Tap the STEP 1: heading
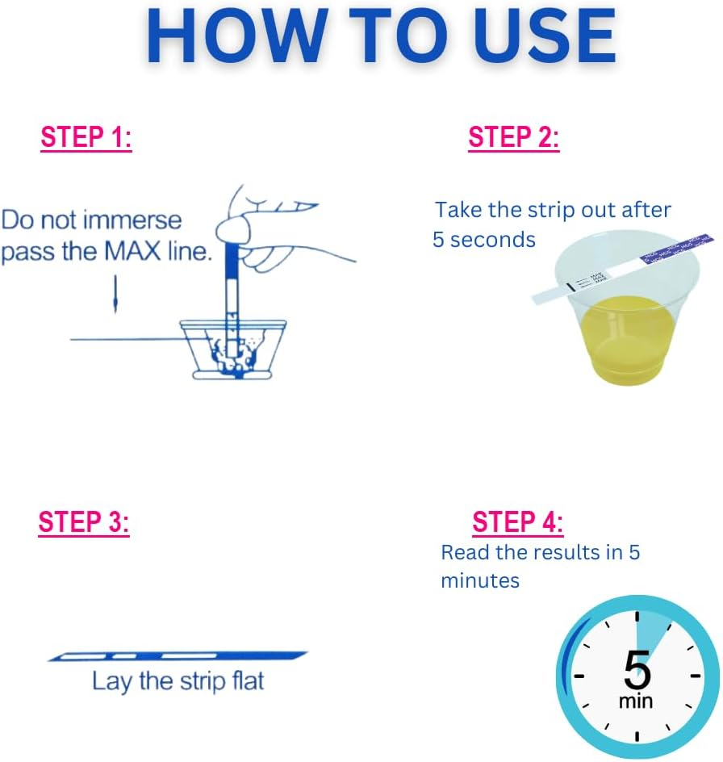point(86,138)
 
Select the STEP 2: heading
point(513,138)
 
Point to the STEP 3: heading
point(84,522)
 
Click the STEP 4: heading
point(517,522)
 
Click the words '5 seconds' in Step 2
point(483,240)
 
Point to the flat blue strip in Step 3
point(178,655)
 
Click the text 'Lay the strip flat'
point(178,681)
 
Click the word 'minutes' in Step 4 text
point(480,580)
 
